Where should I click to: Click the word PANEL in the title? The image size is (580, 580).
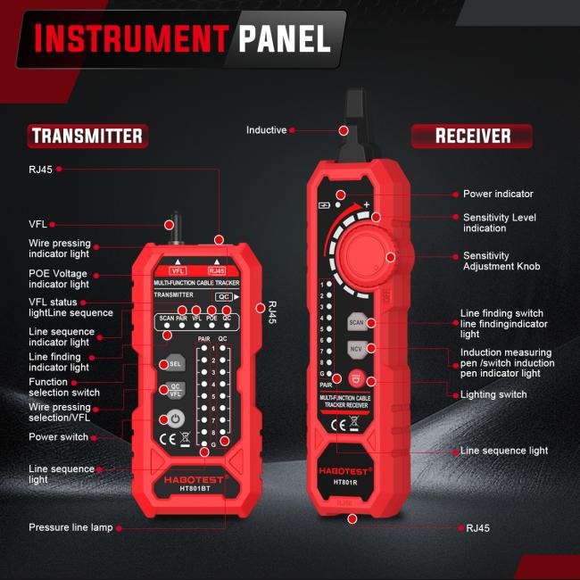coord(284,38)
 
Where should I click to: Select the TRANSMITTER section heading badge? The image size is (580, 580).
coord(87,136)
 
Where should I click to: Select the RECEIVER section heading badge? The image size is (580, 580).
coord(472,136)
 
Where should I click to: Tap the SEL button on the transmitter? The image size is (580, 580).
coord(175,363)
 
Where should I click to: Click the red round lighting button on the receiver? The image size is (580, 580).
coord(357,377)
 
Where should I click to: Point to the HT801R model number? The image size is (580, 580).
coord(346,482)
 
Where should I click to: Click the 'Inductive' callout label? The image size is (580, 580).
coord(266,130)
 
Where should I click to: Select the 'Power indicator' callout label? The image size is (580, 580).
coord(498,194)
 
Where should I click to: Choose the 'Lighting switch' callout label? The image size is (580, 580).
coord(494,394)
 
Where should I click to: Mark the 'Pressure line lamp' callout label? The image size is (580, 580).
coord(70,527)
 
